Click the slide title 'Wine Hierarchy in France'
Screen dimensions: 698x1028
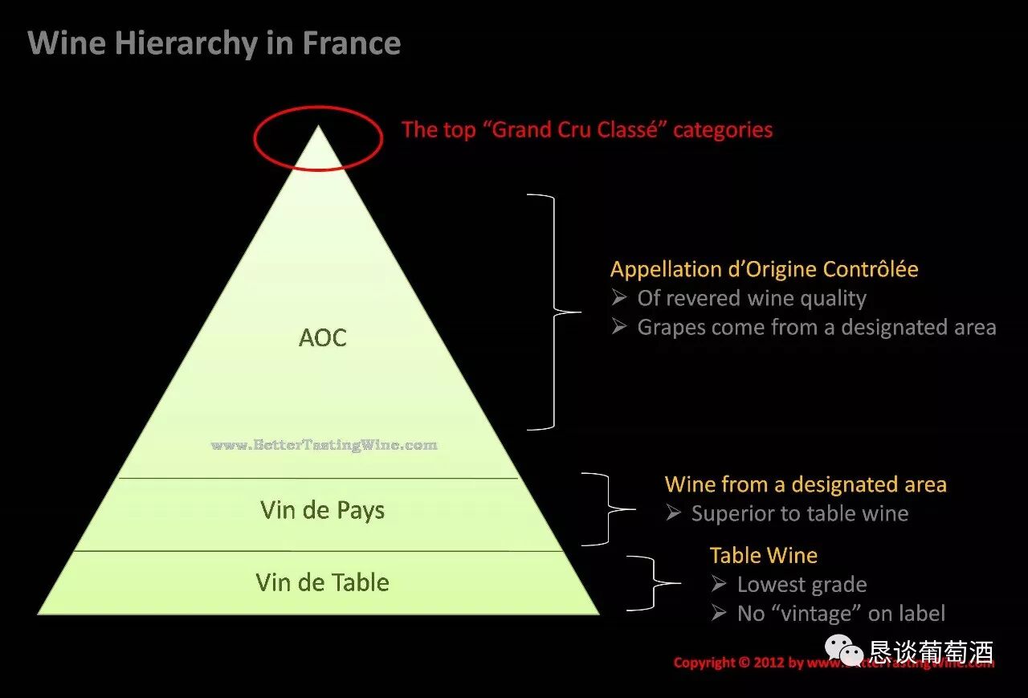[x=214, y=43]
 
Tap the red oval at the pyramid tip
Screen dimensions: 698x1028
[x=318, y=139]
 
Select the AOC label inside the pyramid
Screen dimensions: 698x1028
[x=323, y=337]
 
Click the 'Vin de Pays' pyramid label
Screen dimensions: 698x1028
[x=323, y=510]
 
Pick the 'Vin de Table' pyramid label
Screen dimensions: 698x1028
[x=323, y=582]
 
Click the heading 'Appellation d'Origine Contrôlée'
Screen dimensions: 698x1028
[x=764, y=269]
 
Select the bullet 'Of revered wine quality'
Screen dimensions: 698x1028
[x=751, y=299]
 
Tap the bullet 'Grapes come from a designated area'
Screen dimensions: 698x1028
[x=816, y=328]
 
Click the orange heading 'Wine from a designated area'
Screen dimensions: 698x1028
[x=806, y=484]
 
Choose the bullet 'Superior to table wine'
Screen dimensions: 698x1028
[x=799, y=514]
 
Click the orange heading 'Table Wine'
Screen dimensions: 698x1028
[x=764, y=555]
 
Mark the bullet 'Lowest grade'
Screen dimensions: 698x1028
[x=801, y=585]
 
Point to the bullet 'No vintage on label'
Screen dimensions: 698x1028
[x=840, y=614]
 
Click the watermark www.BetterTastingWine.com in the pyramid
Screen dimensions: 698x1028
[x=324, y=444]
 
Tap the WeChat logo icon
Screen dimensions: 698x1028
[x=845, y=650]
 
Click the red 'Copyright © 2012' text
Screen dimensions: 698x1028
[x=739, y=663]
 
